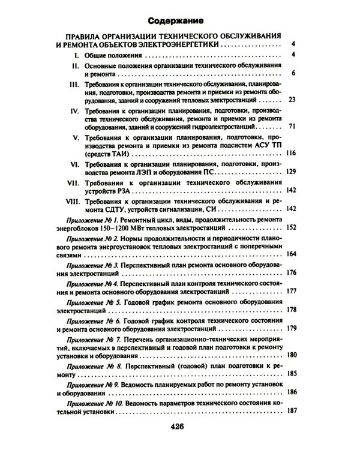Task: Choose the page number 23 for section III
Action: pyautogui.click(x=292, y=100)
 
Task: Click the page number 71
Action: pyautogui.click(x=292, y=128)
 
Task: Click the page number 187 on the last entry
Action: pyautogui.click(x=291, y=410)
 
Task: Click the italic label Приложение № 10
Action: pyautogui.click(x=98, y=403)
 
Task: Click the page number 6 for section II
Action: pyautogui.click(x=294, y=73)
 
